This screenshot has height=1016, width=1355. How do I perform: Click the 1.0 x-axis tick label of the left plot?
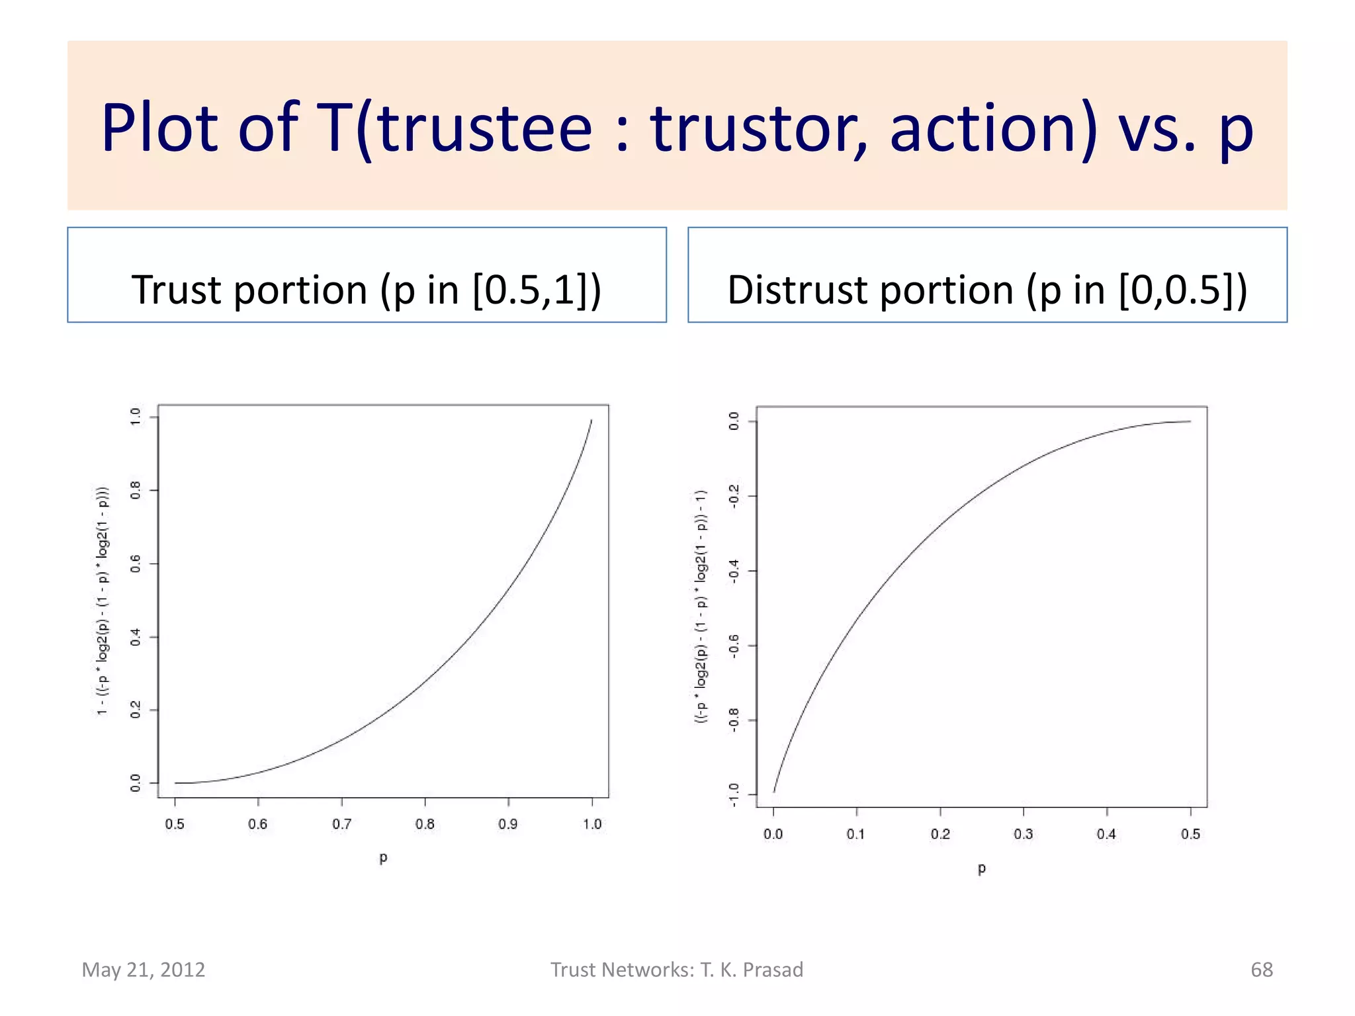coord(592,824)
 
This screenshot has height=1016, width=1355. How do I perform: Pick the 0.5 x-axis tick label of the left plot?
coord(175,824)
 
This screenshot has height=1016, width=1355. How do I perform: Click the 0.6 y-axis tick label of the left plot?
coord(136,564)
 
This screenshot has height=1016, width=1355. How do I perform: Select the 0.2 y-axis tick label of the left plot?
coord(136,710)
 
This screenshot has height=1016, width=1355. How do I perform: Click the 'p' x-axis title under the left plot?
coord(383,858)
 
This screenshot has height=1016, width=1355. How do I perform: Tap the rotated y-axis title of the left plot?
coord(103,601)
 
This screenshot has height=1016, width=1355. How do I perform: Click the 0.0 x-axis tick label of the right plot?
coord(773,834)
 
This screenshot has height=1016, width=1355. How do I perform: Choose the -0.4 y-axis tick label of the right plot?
coord(734,571)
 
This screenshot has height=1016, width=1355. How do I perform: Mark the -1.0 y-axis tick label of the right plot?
coord(734,794)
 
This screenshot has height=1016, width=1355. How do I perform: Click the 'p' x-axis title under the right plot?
coord(982,868)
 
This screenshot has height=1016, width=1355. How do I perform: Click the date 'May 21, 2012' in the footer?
coord(144,970)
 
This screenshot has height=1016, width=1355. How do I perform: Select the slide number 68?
coord(1261,970)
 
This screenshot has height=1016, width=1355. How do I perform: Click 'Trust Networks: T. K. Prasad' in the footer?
coord(677,970)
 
